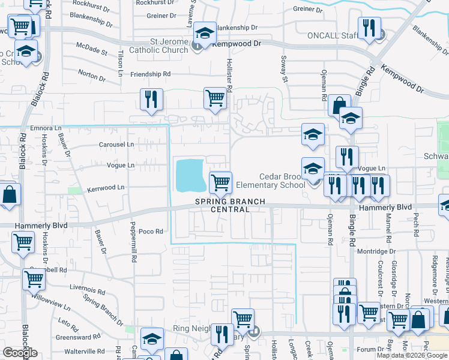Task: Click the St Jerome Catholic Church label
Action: (x=160, y=46)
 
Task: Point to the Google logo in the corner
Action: (x=19, y=353)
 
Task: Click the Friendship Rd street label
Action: (x=151, y=74)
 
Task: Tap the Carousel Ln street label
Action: (x=116, y=145)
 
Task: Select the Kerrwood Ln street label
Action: (x=106, y=188)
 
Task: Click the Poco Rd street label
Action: (x=151, y=231)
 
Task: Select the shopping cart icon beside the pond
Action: (x=220, y=182)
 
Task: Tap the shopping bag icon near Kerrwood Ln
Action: (x=9, y=196)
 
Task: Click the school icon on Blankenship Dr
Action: (x=204, y=34)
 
